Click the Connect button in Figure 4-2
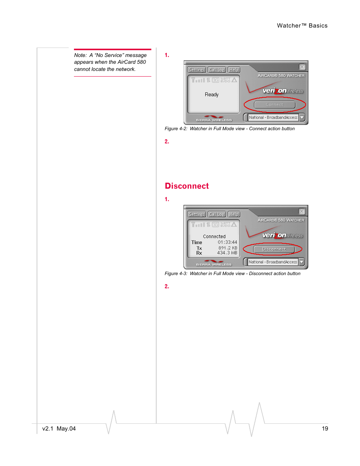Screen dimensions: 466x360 coord(274,105)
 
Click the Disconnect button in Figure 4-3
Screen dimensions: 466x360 coord(274,249)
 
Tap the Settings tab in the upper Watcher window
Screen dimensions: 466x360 coord(197,70)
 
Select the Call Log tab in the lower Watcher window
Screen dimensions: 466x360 coord(217,214)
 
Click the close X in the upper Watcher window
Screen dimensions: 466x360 coord(302,67)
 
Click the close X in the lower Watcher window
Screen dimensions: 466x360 coord(302,211)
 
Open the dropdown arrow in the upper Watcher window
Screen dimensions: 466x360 coord(302,118)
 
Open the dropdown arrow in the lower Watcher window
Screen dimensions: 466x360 coord(302,262)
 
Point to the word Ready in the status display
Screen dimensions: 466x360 coord(212,94)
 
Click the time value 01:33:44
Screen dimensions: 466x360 coord(227,242)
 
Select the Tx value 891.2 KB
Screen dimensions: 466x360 coord(228,248)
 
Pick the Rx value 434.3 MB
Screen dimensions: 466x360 coord(227,253)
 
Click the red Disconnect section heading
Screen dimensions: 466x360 coord(187,186)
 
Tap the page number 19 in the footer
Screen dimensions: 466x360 coord(325,429)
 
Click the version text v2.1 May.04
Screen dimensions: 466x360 coord(59,429)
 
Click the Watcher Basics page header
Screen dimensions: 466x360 coord(302,26)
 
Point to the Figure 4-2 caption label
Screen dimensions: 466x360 coord(176,129)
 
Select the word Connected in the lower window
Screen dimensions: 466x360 coord(214,237)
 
